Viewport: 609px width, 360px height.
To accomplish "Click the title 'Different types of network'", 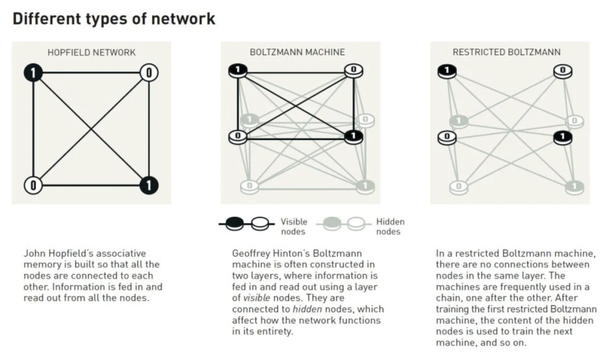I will click(113, 19).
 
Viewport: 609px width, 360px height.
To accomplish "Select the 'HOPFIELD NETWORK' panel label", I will click(91, 52).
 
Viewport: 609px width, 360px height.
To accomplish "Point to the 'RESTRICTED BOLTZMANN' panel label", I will click(506, 52).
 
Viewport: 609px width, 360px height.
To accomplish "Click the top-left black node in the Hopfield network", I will click(33, 72).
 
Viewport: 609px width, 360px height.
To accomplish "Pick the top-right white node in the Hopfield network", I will click(148, 72).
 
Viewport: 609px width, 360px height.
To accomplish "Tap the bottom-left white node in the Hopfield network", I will click(33, 185).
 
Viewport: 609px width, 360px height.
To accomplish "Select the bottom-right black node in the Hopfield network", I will click(148, 185).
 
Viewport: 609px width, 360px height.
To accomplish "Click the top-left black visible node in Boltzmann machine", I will click(238, 70).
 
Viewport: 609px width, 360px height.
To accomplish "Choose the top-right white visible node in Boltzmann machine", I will click(354, 70).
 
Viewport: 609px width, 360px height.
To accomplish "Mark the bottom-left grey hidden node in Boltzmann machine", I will click(249, 185).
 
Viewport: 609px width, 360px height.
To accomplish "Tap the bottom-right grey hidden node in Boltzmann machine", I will click(365, 185).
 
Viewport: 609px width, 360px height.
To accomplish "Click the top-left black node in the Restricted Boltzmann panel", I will click(447, 71).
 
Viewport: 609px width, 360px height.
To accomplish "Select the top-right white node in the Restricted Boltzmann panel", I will click(562, 71).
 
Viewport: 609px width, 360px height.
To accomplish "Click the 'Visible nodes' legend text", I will click(293, 226).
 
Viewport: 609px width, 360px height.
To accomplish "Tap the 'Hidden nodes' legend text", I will click(390, 226).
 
